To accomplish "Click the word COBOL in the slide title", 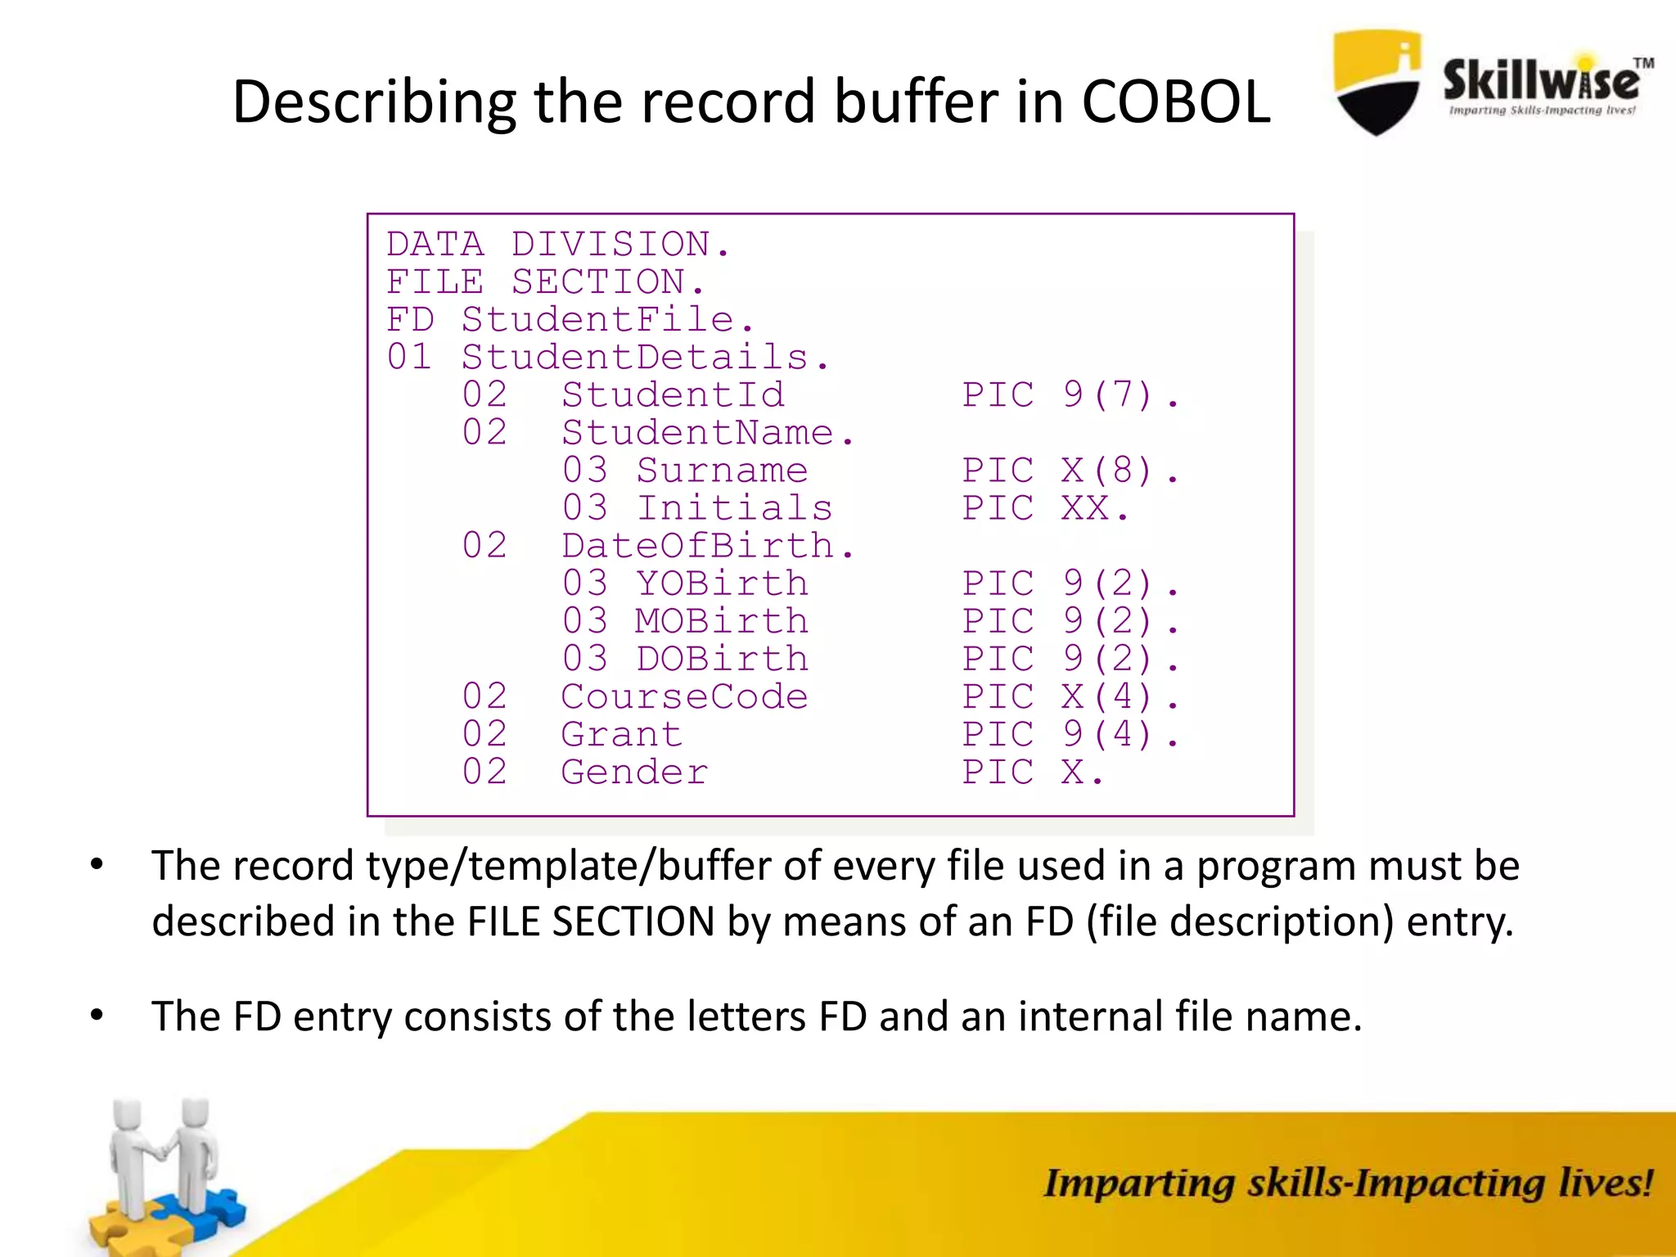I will [1175, 102].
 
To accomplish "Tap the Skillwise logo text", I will [1540, 82].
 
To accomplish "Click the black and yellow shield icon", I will [1377, 83].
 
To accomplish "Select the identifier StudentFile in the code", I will [606, 320].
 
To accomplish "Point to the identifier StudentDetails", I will [645, 358].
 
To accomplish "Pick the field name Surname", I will [722, 471].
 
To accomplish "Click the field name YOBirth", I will [722, 583].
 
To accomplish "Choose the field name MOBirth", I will [722, 621].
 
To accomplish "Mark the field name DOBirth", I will [722, 659].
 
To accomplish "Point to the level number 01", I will [409, 358].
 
